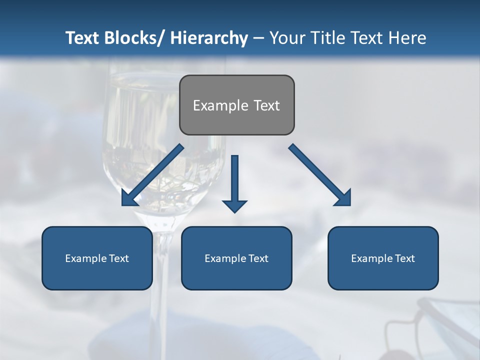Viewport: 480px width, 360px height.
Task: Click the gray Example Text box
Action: point(236,105)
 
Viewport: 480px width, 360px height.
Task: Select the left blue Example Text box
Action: point(97,258)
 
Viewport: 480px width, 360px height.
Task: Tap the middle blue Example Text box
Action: point(236,258)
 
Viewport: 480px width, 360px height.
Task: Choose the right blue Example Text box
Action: point(383,258)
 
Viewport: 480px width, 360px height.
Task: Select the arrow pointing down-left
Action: point(153,175)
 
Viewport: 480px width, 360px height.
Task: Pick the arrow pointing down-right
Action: point(320,175)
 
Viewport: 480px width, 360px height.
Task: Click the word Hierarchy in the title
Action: point(209,38)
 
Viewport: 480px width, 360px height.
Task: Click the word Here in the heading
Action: point(407,38)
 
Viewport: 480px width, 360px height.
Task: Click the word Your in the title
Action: point(286,38)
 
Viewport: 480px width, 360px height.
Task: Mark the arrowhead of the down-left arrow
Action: point(128,198)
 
